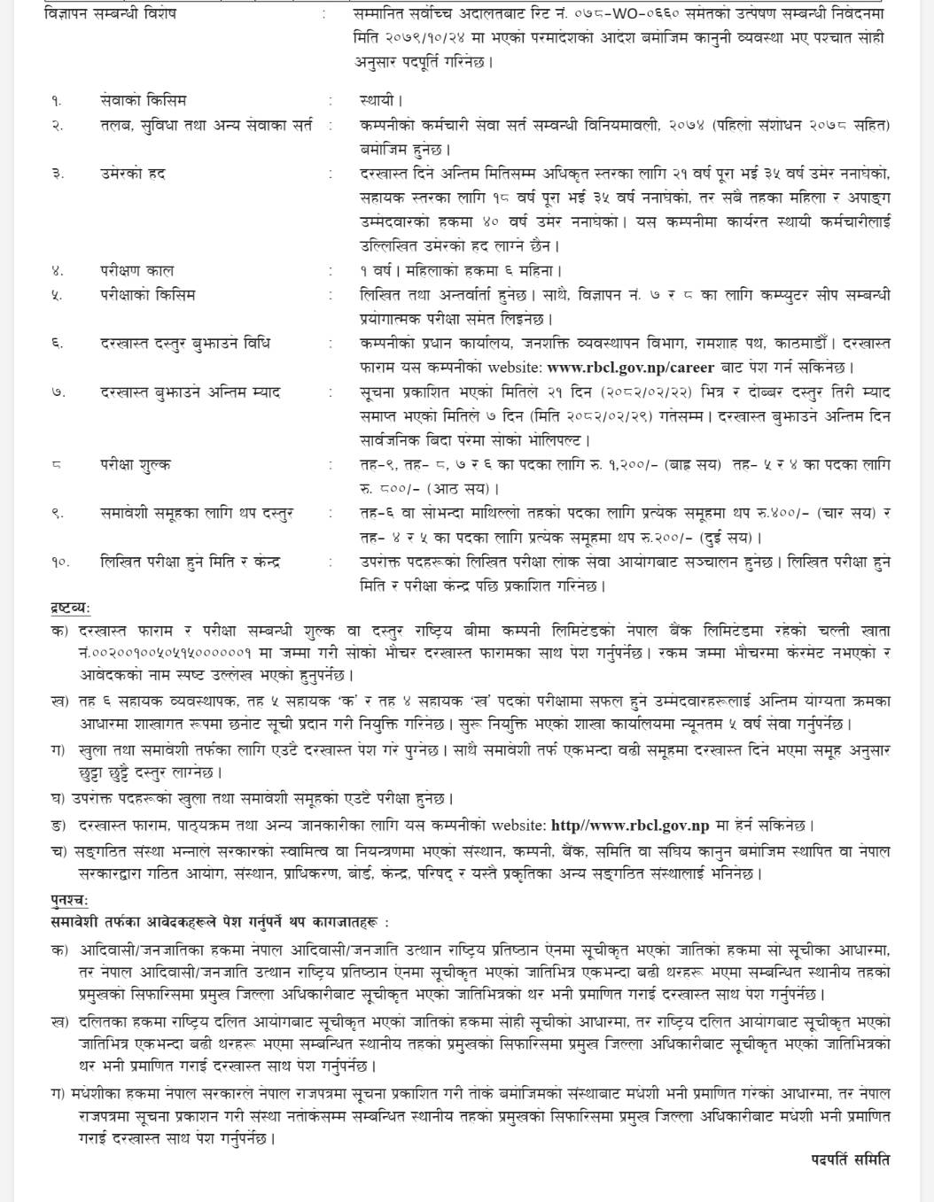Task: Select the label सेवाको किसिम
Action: pos(143,101)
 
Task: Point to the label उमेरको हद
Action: pos(133,174)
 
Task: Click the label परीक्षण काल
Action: pos(136,270)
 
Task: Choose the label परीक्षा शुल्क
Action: pos(136,464)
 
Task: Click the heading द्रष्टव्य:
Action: pos(71,608)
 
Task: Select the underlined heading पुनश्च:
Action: pos(69,901)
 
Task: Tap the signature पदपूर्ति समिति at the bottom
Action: pos(850,1159)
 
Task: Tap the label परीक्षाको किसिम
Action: pos(147,295)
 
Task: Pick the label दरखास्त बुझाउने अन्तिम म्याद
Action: pos(191,392)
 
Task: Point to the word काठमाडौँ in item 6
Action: pos(800,344)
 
